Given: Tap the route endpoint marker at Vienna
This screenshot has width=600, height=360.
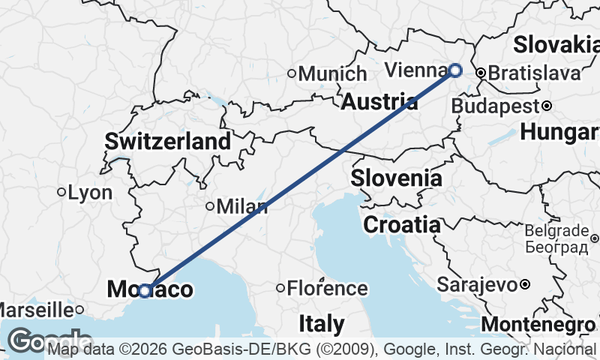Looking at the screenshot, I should (x=455, y=70).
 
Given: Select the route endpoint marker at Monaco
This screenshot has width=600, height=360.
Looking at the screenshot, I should (x=145, y=290).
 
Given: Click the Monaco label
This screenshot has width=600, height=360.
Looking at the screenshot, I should (x=150, y=289).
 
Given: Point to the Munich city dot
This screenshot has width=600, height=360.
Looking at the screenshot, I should (x=292, y=73).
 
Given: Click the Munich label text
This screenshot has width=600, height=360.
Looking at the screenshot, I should (x=332, y=73).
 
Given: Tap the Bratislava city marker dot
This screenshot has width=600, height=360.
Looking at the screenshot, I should (x=481, y=73).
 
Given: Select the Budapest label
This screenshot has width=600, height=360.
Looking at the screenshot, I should (x=495, y=106).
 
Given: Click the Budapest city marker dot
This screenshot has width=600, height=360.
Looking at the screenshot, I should (x=547, y=106).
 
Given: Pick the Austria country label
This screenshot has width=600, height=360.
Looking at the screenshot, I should (x=379, y=102).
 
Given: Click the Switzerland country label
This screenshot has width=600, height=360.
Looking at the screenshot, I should (x=168, y=141).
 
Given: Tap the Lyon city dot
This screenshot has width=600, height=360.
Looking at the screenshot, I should (x=61, y=192).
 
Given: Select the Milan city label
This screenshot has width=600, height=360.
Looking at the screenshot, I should (x=241, y=207).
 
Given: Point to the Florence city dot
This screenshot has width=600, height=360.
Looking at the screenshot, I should (x=280, y=288).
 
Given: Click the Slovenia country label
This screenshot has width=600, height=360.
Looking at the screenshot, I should (x=396, y=178).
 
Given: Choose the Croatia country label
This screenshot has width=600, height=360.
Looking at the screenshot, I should (x=402, y=224).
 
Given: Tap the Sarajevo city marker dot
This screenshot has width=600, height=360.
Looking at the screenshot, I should (x=525, y=284).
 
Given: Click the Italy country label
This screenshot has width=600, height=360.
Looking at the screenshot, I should (x=322, y=325).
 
